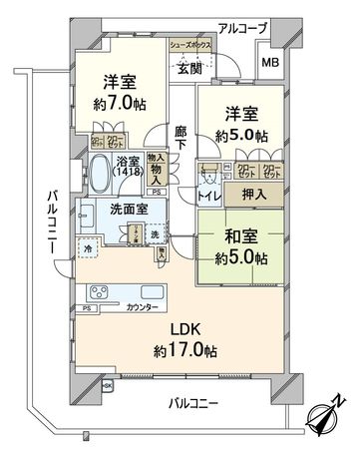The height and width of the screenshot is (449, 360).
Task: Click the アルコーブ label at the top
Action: tap(243, 28)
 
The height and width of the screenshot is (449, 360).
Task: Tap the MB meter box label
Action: tap(271, 63)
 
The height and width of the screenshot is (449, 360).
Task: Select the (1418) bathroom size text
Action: tap(127, 173)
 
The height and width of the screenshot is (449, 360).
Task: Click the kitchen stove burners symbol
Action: tap(102, 293)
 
